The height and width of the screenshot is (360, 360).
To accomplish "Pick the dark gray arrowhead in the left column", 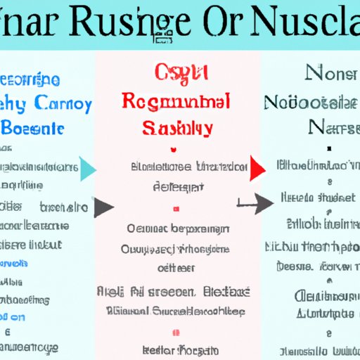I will [x=104, y=207].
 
